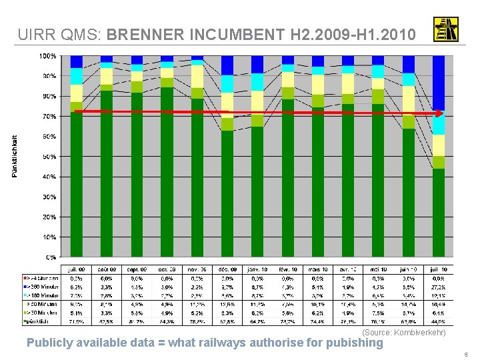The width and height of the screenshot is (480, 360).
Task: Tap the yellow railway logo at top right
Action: (445, 29)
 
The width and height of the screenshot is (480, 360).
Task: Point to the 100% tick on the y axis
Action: (48, 56)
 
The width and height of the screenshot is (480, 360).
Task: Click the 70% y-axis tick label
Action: (49, 117)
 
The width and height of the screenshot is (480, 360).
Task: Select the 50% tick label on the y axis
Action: (49, 157)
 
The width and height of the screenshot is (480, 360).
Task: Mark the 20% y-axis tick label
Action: (49, 217)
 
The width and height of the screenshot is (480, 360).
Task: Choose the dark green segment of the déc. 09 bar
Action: (228, 193)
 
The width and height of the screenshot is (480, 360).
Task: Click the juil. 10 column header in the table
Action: (439, 268)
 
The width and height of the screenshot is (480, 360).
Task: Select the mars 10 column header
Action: (318, 268)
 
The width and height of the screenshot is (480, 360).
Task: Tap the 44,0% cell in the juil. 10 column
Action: (439, 321)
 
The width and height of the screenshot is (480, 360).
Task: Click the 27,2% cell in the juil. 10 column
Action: (439, 286)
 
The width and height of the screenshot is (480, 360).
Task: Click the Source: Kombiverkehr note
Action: (403, 332)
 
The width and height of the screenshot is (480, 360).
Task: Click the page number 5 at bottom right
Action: (466, 355)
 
